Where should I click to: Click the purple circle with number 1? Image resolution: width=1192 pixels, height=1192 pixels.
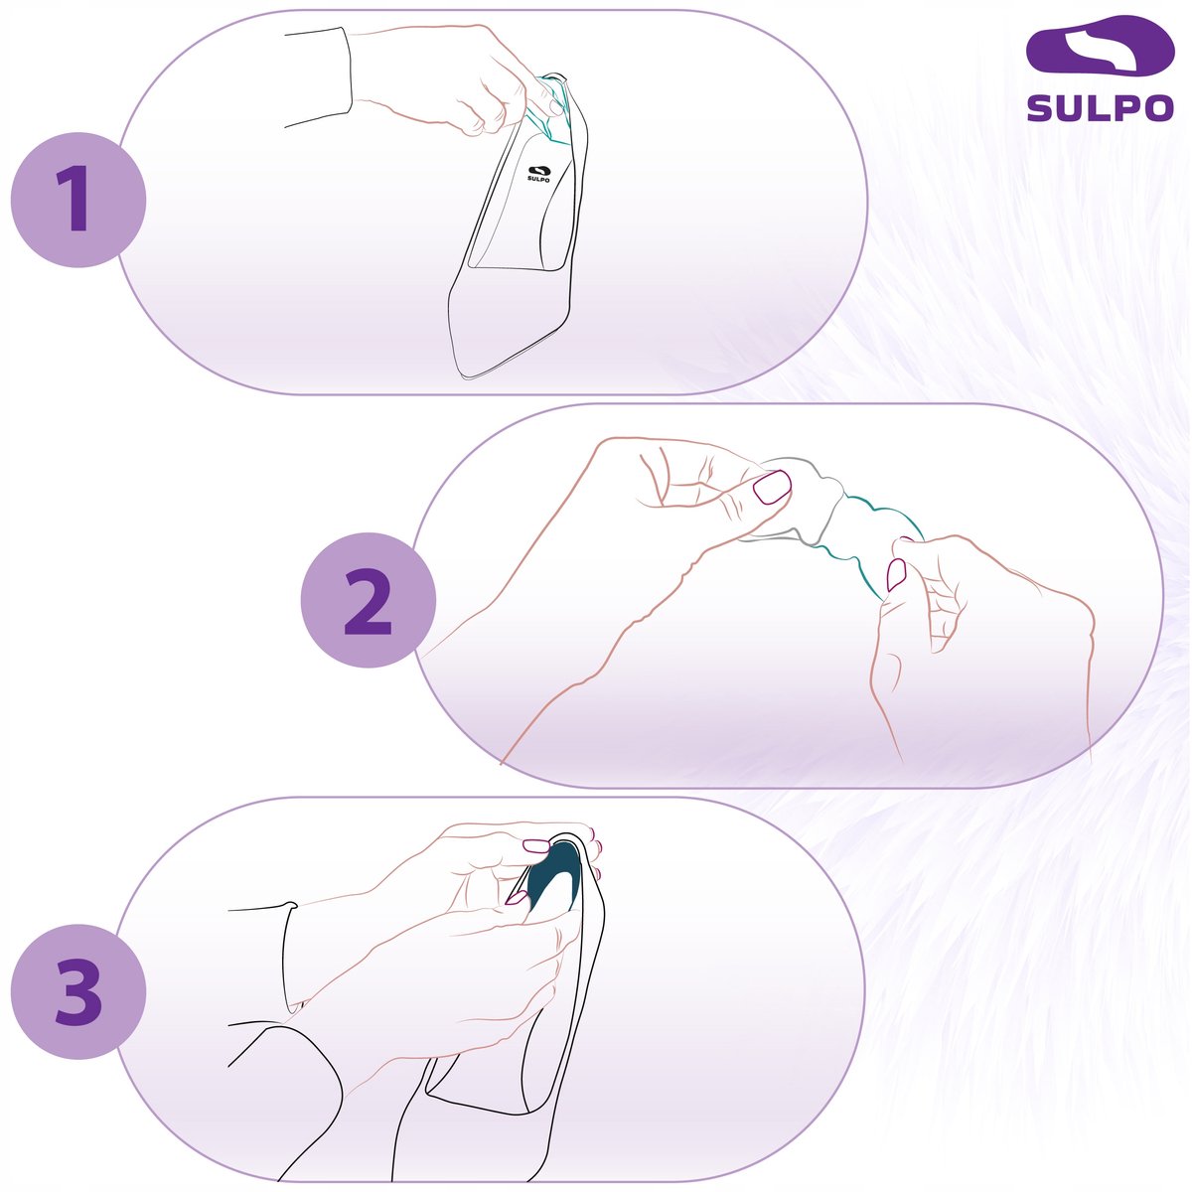(x=77, y=200)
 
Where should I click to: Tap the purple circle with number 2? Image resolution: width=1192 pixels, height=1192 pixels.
(x=369, y=600)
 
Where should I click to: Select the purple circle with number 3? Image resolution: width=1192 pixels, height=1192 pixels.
(x=77, y=991)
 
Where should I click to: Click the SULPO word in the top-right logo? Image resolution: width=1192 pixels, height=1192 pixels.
(x=1100, y=108)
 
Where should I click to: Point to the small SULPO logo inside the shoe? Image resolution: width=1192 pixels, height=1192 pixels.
(x=538, y=174)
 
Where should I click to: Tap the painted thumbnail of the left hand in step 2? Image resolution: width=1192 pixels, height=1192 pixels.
(x=772, y=486)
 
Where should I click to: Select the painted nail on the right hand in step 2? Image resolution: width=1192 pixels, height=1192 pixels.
(x=896, y=575)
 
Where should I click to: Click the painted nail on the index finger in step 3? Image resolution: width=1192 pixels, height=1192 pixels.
(x=535, y=845)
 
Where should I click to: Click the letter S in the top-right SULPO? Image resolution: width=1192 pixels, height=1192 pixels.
(x=1040, y=108)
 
